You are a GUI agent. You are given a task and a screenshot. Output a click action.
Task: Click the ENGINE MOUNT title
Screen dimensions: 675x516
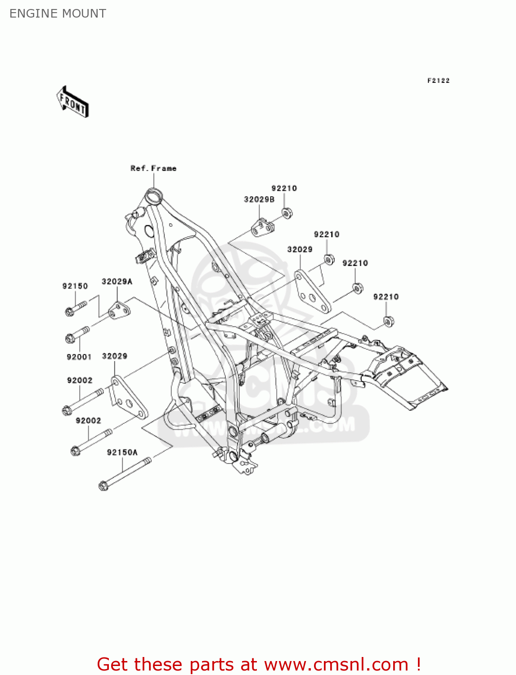tap(58, 13)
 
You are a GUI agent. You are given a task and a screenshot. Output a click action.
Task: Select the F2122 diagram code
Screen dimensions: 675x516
tap(438, 81)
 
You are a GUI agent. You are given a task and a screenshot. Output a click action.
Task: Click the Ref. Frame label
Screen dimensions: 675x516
tap(153, 168)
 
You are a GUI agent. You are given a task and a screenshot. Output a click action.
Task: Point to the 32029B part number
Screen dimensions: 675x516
tap(259, 199)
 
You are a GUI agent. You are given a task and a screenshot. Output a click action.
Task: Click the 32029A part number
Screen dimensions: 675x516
tap(117, 282)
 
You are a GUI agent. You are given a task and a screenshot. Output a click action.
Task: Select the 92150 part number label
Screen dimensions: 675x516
tap(75, 286)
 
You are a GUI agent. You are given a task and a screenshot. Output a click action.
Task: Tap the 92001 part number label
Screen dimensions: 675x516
tap(79, 357)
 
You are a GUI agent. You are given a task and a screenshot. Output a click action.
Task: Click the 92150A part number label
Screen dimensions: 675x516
tap(122, 452)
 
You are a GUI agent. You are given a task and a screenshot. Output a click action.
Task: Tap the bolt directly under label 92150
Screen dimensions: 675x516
tap(75, 308)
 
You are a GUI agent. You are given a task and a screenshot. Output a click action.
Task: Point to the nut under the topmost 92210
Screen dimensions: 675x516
tap(286, 212)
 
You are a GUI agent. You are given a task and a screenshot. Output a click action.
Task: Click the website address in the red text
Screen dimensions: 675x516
tap(336, 665)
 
